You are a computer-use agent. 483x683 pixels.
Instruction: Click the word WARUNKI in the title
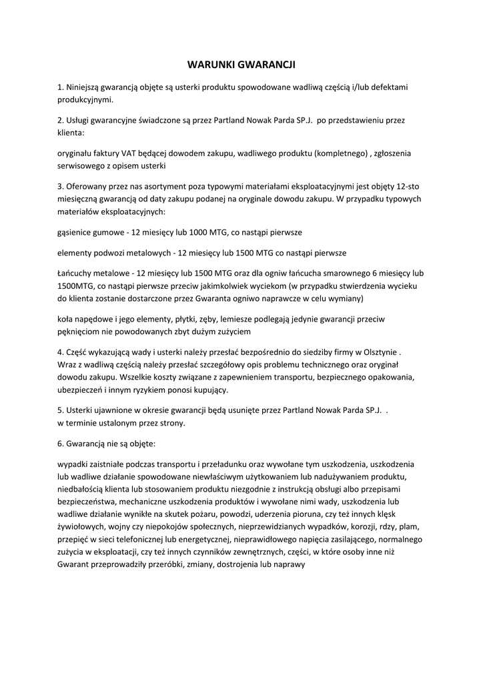pyautogui.click(x=210, y=65)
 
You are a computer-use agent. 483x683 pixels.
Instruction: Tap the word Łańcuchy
pyautogui.click(x=77, y=273)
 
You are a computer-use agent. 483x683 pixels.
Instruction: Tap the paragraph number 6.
pyautogui.click(x=59, y=443)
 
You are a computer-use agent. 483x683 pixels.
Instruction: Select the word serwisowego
pyautogui.click(x=81, y=165)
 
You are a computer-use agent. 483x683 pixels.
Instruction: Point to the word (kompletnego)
pyautogui.click(x=334, y=153)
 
